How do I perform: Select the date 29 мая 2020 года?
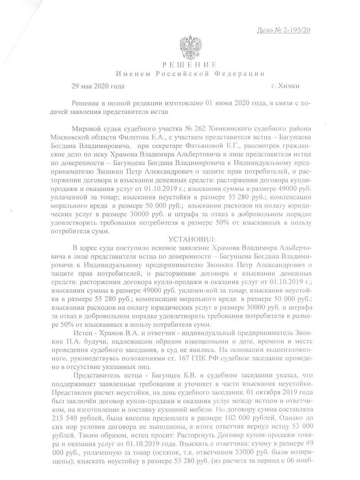coord(98,86)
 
